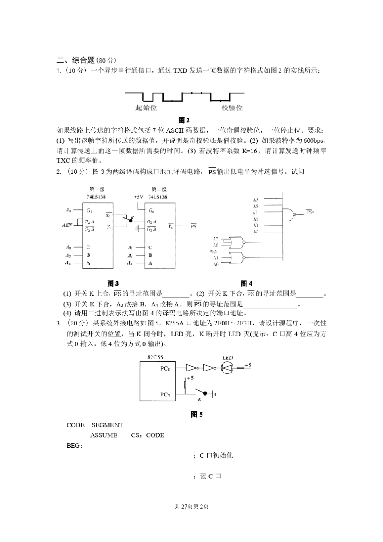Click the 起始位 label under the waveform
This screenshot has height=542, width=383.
point(146,108)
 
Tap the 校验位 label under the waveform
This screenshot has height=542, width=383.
point(232,108)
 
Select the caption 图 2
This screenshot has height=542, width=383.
point(184,120)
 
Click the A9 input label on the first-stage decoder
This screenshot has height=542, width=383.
point(68,210)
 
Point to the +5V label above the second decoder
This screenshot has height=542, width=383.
point(138,197)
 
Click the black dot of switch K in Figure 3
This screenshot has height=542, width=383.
point(131,221)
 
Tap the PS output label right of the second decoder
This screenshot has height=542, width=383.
point(193,227)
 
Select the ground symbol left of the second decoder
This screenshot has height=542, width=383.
point(137,229)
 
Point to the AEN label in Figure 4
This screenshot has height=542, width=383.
point(214,251)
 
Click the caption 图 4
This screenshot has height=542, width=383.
point(246,284)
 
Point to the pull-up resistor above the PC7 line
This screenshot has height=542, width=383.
point(185,384)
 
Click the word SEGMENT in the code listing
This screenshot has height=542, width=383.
point(107,425)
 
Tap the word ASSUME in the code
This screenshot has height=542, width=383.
point(104,435)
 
